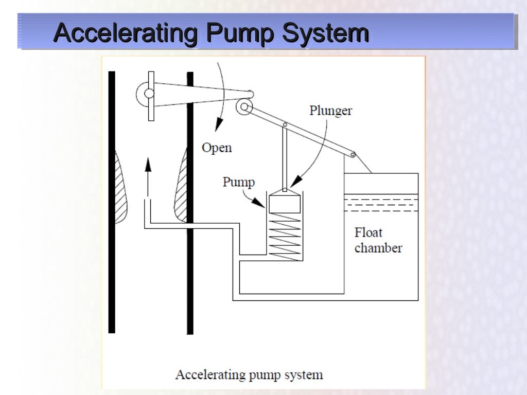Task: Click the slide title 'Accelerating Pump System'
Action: [212, 34]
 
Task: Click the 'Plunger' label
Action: [330, 111]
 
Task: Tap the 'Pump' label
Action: [238, 182]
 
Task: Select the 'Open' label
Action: [217, 148]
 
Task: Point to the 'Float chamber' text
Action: [377, 240]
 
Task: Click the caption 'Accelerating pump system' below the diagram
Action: [249, 374]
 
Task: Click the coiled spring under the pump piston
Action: [284, 237]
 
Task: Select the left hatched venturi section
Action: [120, 188]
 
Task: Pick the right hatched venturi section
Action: [182, 188]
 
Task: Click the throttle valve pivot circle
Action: [149, 94]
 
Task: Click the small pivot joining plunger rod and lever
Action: [284, 124]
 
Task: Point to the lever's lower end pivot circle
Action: [353, 154]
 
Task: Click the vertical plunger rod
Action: [284, 157]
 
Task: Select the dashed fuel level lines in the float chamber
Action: [381, 204]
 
